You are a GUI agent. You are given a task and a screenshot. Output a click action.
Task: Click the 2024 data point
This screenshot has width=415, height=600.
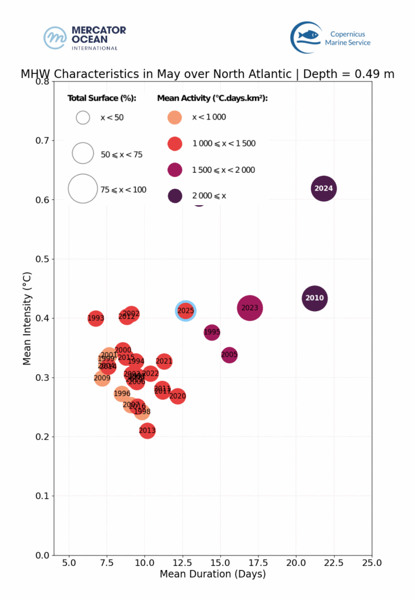point(324,189)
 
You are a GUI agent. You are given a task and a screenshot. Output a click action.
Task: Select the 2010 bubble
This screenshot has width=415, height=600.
point(314,298)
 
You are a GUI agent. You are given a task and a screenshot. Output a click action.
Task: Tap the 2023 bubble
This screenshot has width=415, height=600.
point(250,308)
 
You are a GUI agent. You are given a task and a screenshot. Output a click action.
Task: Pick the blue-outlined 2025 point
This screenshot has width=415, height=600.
point(186,311)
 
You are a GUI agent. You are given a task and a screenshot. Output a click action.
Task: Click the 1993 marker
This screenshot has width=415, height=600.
point(96,318)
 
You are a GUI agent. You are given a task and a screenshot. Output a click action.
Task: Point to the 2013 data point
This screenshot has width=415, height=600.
point(147,431)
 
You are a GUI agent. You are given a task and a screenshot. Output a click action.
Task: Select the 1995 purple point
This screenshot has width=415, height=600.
point(212,332)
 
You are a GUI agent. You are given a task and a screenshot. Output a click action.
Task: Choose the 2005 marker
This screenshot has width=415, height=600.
point(229,354)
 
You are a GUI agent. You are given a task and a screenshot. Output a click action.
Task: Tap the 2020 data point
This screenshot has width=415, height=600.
point(178,396)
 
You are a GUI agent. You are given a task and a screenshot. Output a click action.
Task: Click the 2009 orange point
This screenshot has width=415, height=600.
point(102,378)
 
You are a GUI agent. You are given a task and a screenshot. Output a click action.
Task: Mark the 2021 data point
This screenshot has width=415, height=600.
point(164,362)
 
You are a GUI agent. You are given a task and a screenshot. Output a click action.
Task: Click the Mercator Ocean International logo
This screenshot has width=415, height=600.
point(85,37)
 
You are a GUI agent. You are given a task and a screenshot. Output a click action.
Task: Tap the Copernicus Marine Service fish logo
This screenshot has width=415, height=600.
point(307,37)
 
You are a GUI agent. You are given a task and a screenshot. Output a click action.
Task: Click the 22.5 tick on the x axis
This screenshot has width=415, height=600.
point(334,563)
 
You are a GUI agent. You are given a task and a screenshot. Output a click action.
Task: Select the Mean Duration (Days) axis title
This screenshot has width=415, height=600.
point(213,574)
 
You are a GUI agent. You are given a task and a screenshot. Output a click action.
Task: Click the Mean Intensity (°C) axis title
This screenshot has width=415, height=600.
point(27,318)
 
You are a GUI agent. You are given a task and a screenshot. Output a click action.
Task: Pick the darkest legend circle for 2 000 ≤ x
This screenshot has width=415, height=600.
point(175,196)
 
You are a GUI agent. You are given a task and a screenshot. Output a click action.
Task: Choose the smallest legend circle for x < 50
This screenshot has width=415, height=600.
point(83,117)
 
